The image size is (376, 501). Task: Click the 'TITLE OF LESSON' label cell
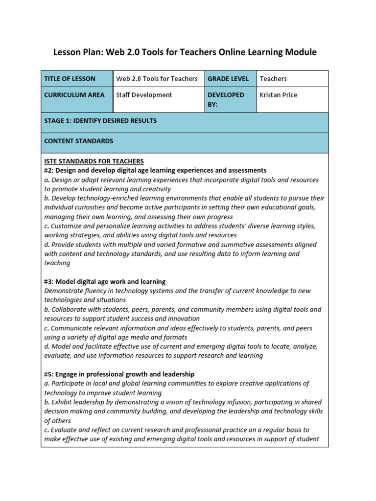[70, 79]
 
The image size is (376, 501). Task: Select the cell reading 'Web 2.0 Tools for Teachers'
[157, 79]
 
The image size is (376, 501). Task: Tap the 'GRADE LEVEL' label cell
[228, 79]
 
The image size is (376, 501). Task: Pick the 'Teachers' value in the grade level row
[273, 79]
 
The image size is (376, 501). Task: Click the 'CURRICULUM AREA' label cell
[74, 95]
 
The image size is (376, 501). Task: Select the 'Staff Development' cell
[144, 95]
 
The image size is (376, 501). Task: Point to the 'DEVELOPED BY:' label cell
[226, 99]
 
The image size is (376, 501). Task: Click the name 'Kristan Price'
[278, 95]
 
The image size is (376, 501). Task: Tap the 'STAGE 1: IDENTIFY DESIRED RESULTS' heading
[100, 120]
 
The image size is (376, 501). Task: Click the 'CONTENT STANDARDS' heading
[78, 141]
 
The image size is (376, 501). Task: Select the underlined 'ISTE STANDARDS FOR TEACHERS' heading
[94, 161]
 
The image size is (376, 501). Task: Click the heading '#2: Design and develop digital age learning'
[155, 170]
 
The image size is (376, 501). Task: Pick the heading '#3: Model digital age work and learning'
[105, 282]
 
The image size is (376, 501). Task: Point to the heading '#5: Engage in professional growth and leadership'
[119, 374]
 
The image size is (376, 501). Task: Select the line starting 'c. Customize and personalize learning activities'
[180, 226]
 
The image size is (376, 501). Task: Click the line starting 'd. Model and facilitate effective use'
[181, 346]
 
